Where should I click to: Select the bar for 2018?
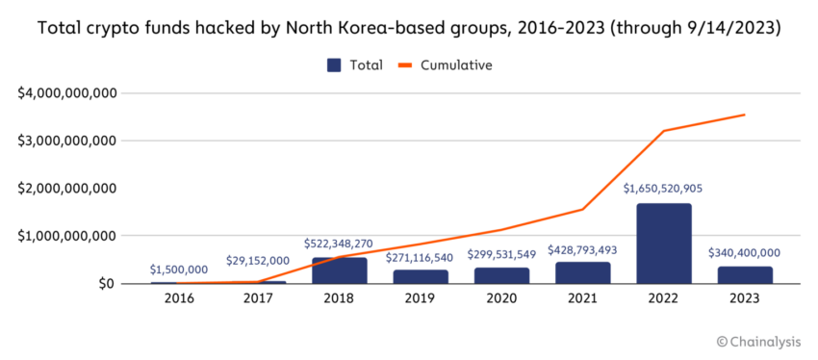coord(339,270)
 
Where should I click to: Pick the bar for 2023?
coord(744,274)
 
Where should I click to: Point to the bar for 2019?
coord(420,276)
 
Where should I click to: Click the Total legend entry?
coord(355,65)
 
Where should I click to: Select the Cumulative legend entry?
coord(446,65)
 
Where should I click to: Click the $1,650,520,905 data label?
coord(663,189)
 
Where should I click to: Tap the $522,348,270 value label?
coord(339,244)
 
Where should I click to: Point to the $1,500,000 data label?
coord(178,270)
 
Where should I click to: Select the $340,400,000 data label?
coord(744,252)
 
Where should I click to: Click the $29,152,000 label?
coord(259,260)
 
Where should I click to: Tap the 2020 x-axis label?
coord(501,299)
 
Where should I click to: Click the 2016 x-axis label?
coord(178,299)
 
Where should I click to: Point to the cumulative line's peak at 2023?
coord(744,115)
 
